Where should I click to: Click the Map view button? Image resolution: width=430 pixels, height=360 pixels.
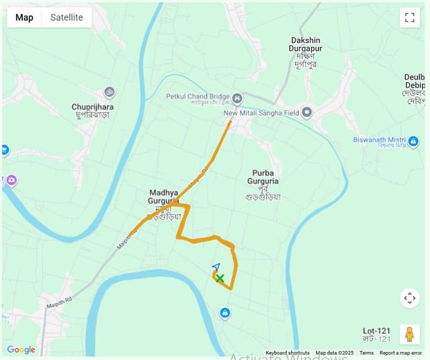(x=24, y=17)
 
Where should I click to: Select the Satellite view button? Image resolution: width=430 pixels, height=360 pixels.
(x=67, y=17)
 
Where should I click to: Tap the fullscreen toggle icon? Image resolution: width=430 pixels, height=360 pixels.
(x=409, y=17)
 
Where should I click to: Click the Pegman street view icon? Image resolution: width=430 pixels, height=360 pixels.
(x=409, y=333)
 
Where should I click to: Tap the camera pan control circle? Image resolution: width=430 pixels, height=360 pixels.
(x=409, y=298)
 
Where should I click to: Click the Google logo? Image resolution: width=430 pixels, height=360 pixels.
(x=21, y=349)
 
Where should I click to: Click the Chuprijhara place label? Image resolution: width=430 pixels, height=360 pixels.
(x=93, y=107)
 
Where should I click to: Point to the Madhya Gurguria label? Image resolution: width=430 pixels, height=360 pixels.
(x=164, y=197)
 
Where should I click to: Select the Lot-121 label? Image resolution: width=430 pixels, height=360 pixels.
(x=376, y=331)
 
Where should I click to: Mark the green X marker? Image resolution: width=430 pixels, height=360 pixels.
(x=220, y=278)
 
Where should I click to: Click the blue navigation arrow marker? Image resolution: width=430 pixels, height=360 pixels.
(x=216, y=267)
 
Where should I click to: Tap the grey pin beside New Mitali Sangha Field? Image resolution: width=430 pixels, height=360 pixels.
(x=307, y=113)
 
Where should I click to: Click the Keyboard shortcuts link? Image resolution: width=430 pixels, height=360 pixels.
(x=288, y=353)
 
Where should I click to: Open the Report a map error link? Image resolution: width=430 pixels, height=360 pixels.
(x=400, y=353)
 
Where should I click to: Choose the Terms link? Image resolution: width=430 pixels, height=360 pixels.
(x=366, y=353)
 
